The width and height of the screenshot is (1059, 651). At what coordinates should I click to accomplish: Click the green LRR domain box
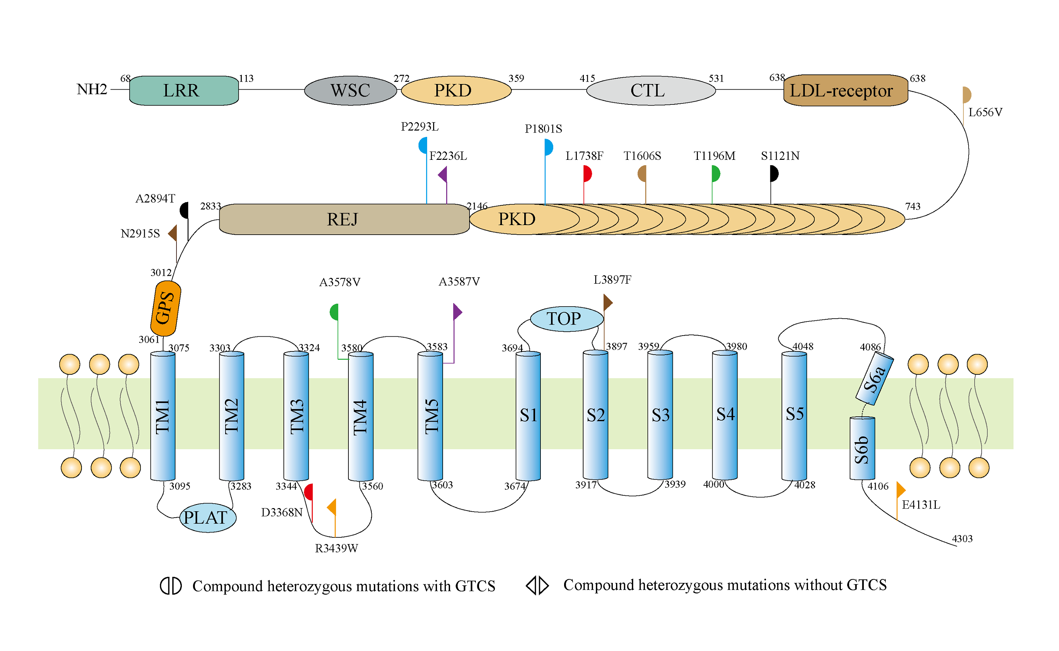tap(184, 91)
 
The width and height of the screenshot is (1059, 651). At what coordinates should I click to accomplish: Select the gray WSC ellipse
tap(350, 91)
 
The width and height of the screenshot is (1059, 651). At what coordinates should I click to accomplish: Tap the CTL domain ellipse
tap(651, 91)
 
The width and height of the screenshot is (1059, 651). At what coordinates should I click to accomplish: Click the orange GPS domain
tap(165, 308)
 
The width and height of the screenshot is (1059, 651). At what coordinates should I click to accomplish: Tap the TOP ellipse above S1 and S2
tap(566, 319)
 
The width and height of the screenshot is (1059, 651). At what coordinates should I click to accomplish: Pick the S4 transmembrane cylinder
tap(725, 415)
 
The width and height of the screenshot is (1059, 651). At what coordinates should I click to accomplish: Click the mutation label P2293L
tap(419, 127)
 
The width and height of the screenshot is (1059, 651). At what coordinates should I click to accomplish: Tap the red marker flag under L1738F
tap(587, 174)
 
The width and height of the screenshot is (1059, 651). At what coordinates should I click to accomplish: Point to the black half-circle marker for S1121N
tap(774, 174)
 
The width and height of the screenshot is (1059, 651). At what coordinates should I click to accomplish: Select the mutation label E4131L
tap(921, 505)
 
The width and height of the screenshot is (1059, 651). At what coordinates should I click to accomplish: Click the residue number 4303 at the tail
tap(962, 539)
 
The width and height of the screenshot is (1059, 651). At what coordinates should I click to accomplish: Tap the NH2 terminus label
tap(92, 90)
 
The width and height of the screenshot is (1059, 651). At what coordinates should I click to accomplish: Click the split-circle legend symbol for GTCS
tap(170, 586)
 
